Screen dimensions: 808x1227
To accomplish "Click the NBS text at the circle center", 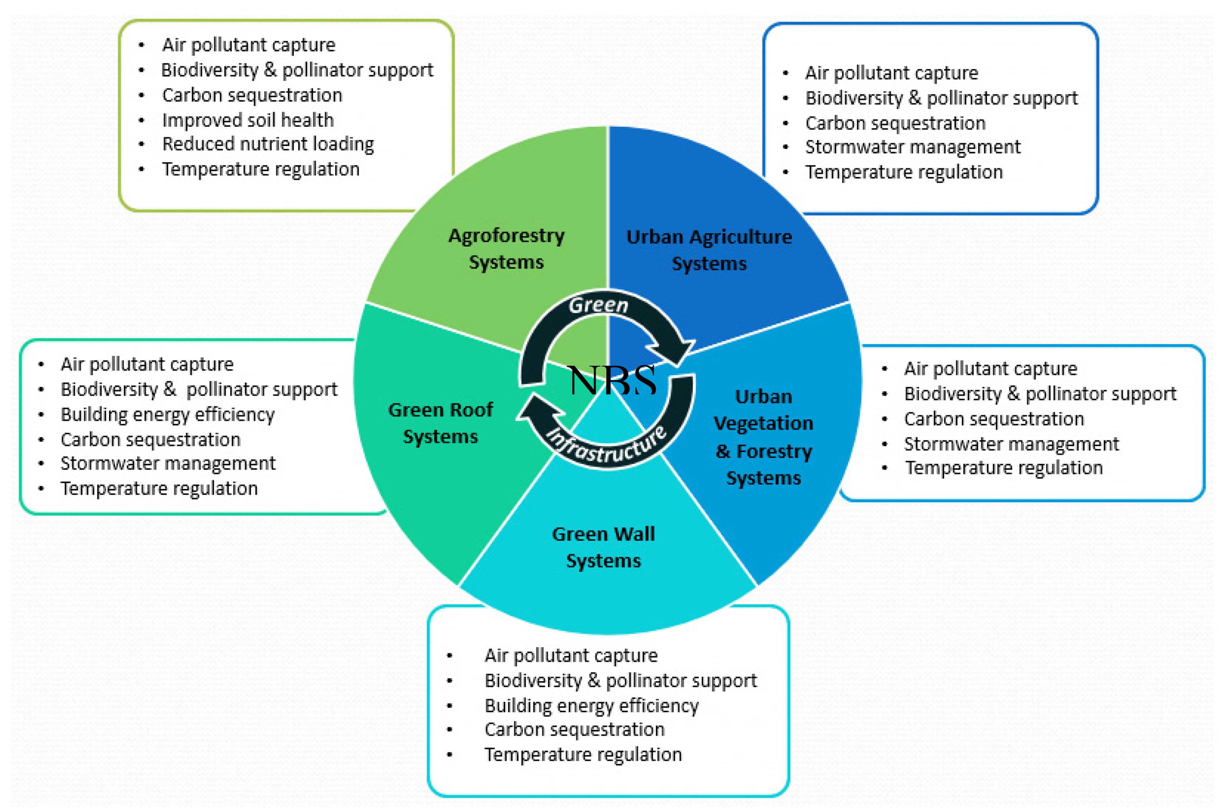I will tap(612, 380).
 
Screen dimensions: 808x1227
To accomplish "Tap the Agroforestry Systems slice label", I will tap(506, 249).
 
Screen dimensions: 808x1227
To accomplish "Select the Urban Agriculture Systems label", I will tap(709, 250).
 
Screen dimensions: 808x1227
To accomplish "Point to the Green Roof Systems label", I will tap(441, 423).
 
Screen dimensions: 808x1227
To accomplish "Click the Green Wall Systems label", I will tap(603, 547).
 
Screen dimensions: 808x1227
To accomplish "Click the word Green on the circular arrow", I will tap(598, 305).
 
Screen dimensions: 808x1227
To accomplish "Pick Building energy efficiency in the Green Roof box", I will tap(168, 414).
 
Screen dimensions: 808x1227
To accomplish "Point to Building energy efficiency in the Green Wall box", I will tap(591, 705).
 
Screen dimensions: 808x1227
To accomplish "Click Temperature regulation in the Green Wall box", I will tap(583, 754).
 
